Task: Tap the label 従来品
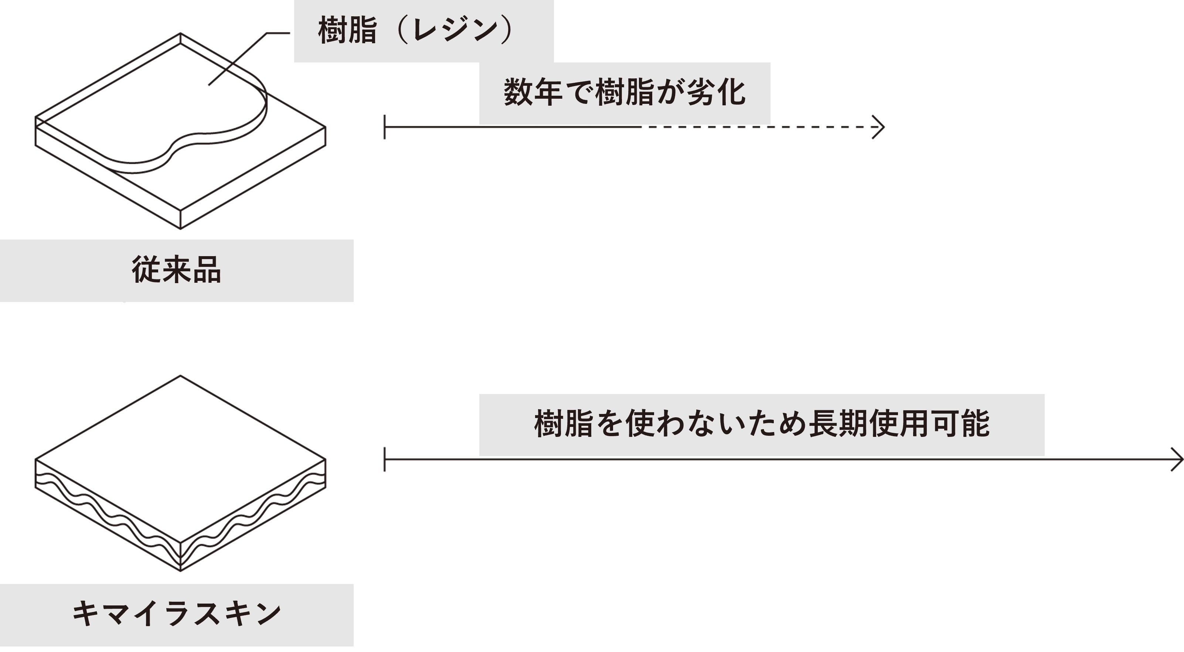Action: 177,270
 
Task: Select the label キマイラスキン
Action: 177,614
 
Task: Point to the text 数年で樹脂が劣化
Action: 624,92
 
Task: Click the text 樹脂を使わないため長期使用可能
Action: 762,424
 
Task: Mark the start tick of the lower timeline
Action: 385,459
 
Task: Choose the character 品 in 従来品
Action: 207,270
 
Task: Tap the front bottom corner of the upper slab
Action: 180,228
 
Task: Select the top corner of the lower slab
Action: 180,376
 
